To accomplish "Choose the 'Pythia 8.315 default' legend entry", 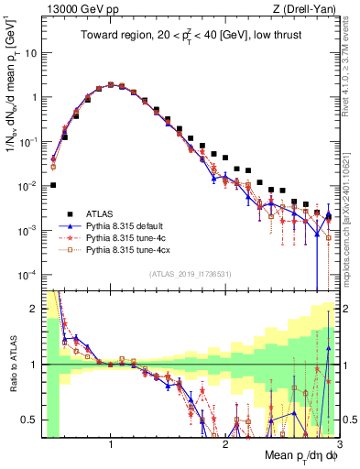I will click(x=132, y=224).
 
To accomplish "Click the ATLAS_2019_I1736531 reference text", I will click(x=190, y=274).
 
